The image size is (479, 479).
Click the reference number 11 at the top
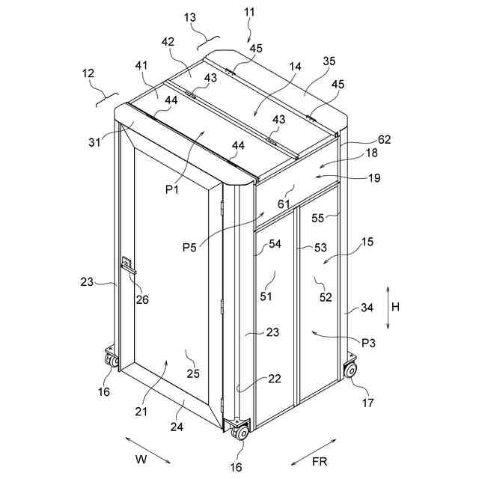249,13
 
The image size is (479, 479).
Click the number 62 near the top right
384,138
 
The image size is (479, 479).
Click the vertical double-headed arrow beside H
388,305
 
